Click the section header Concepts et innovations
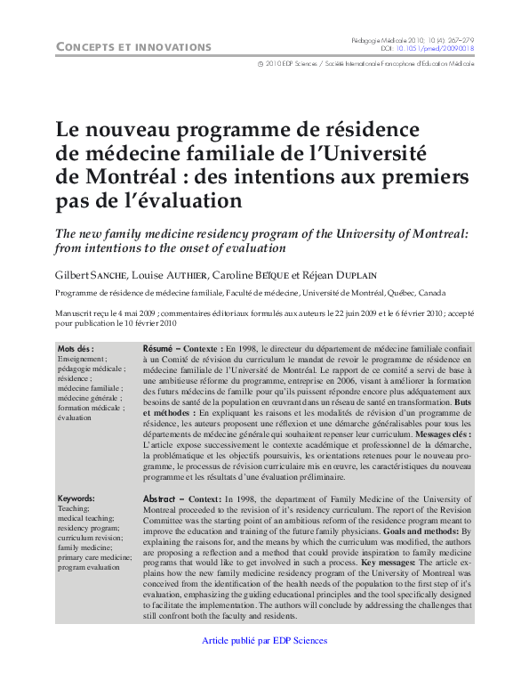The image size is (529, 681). (133, 46)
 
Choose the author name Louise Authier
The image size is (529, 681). (174, 274)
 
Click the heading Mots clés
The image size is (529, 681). (76, 348)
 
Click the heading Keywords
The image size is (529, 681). (76, 499)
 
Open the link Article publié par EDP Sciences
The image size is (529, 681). (265, 641)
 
